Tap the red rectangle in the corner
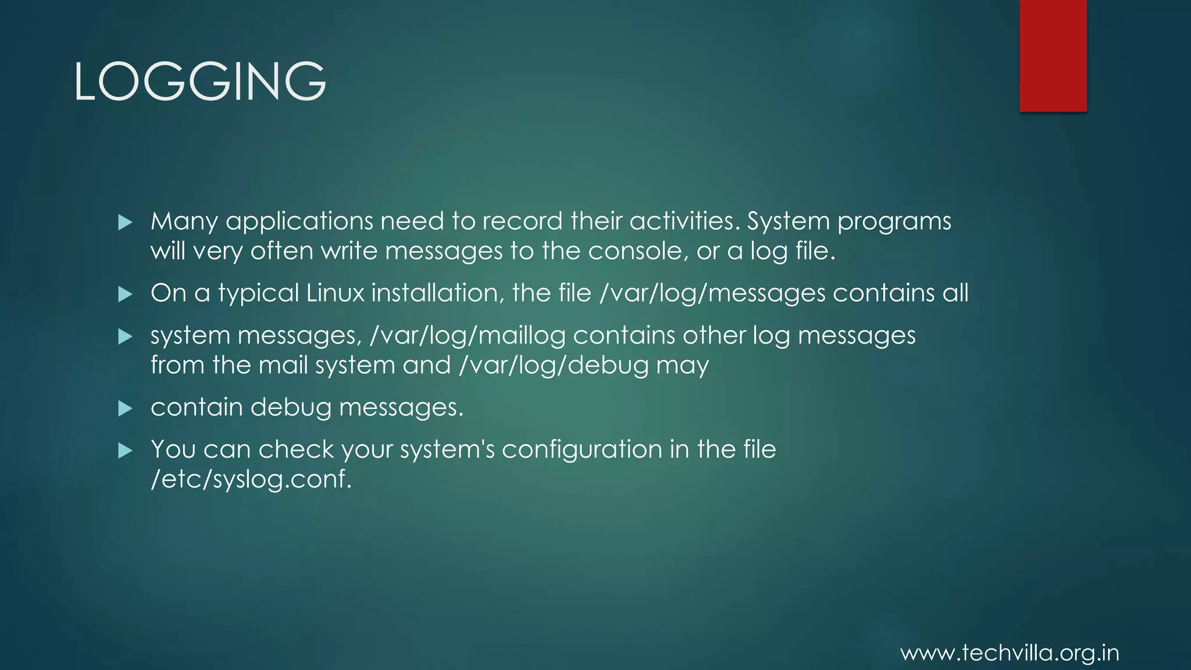click(1053, 55)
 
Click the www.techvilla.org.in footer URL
click(1010, 653)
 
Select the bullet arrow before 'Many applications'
click(125, 222)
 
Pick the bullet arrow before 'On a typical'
click(125, 294)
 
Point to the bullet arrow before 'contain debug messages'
click(125, 408)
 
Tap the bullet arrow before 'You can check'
click(125, 450)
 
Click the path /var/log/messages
click(712, 293)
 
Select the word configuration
click(582, 450)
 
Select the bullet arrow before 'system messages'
click(125, 336)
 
